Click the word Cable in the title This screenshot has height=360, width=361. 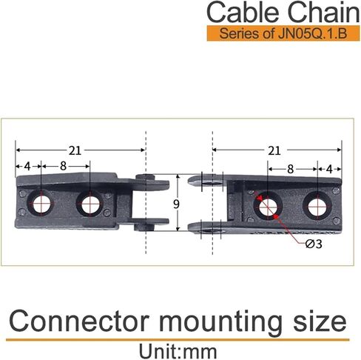point(244,13)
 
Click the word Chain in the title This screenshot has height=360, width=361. point(323,13)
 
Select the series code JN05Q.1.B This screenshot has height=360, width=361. point(312,33)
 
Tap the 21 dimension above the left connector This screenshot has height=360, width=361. point(75,150)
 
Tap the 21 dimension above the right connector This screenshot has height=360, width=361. point(274,150)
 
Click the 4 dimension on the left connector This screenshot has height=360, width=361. point(27,167)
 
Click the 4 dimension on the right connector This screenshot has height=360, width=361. point(329,170)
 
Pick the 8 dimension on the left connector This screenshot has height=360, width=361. point(63,166)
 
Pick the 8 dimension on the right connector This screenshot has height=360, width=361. point(291,169)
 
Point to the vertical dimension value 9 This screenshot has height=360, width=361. point(176,204)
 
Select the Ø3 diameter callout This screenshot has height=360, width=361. point(314,244)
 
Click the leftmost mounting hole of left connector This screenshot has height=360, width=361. point(41,204)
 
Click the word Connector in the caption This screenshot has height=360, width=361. point(79,321)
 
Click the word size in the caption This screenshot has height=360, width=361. point(320,321)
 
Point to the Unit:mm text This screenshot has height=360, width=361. point(178,352)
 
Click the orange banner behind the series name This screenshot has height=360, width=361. point(283,33)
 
